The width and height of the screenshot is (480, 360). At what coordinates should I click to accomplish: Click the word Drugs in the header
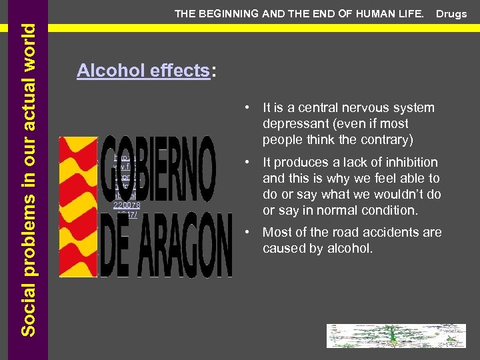click(451, 14)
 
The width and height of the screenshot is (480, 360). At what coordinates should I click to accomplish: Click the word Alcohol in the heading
click(103, 71)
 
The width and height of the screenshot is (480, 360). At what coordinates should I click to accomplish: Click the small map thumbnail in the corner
click(395, 336)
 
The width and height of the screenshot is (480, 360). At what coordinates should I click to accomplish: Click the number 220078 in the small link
click(126, 205)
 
